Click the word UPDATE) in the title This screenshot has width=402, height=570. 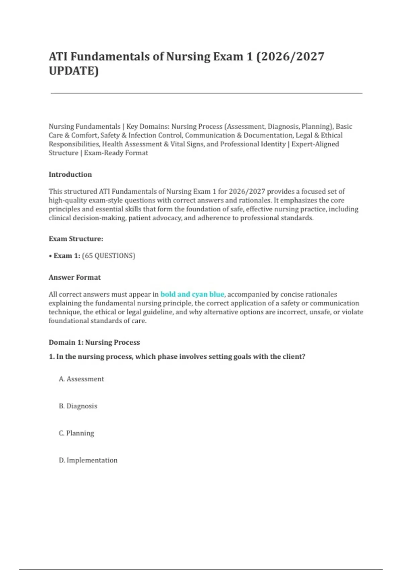[74, 71]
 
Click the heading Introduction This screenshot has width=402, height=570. [70, 174]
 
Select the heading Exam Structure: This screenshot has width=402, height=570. [76, 239]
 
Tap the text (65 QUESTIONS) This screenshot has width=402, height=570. [109, 256]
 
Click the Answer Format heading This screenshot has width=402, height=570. [74, 277]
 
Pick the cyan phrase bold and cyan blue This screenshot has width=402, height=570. [192, 294]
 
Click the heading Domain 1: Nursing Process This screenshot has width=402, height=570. [94, 342]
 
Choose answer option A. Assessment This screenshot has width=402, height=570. [81, 379]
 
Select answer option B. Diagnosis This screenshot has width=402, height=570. [78, 406]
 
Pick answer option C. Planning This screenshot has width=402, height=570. [76, 433]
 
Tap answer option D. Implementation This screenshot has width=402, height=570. [88, 460]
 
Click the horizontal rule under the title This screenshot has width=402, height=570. [206, 93]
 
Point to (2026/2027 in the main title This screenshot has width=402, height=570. [290, 56]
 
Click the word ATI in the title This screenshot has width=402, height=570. [58, 56]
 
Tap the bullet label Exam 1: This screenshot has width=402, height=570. [67, 256]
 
